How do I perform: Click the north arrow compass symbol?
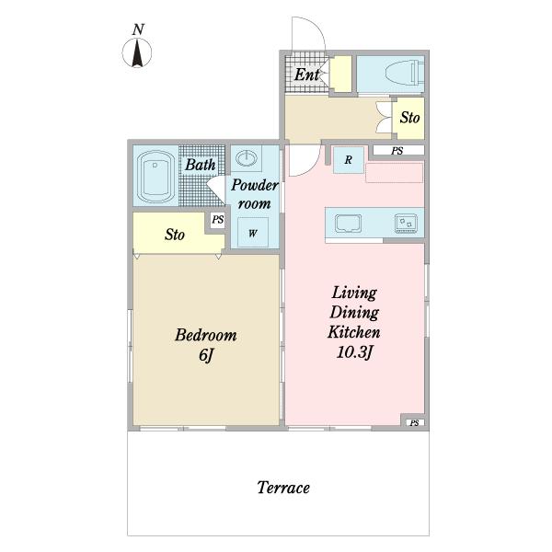(137, 52)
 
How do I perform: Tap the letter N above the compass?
(138, 29)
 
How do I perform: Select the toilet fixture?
(405, 74)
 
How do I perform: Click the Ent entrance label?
(307, 75)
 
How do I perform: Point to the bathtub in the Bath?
(155, 177)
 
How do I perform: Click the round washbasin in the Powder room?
(246, 157)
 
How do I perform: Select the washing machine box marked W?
(253, 233)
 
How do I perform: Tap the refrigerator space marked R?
(348, 160)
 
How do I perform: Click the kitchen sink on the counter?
(348, 224)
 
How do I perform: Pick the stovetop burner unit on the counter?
(406, 224)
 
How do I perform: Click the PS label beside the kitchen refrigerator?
(397, 151)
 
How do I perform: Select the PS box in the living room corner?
(415, 422)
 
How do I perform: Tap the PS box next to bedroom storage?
(217, 220)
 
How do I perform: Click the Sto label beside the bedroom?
(175, 235)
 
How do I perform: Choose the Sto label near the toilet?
(409, 117)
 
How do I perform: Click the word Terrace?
(283, 488)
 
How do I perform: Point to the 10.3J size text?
(354, 352)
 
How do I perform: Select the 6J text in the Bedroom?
(206, 355)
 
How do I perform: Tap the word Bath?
(201, 165)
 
